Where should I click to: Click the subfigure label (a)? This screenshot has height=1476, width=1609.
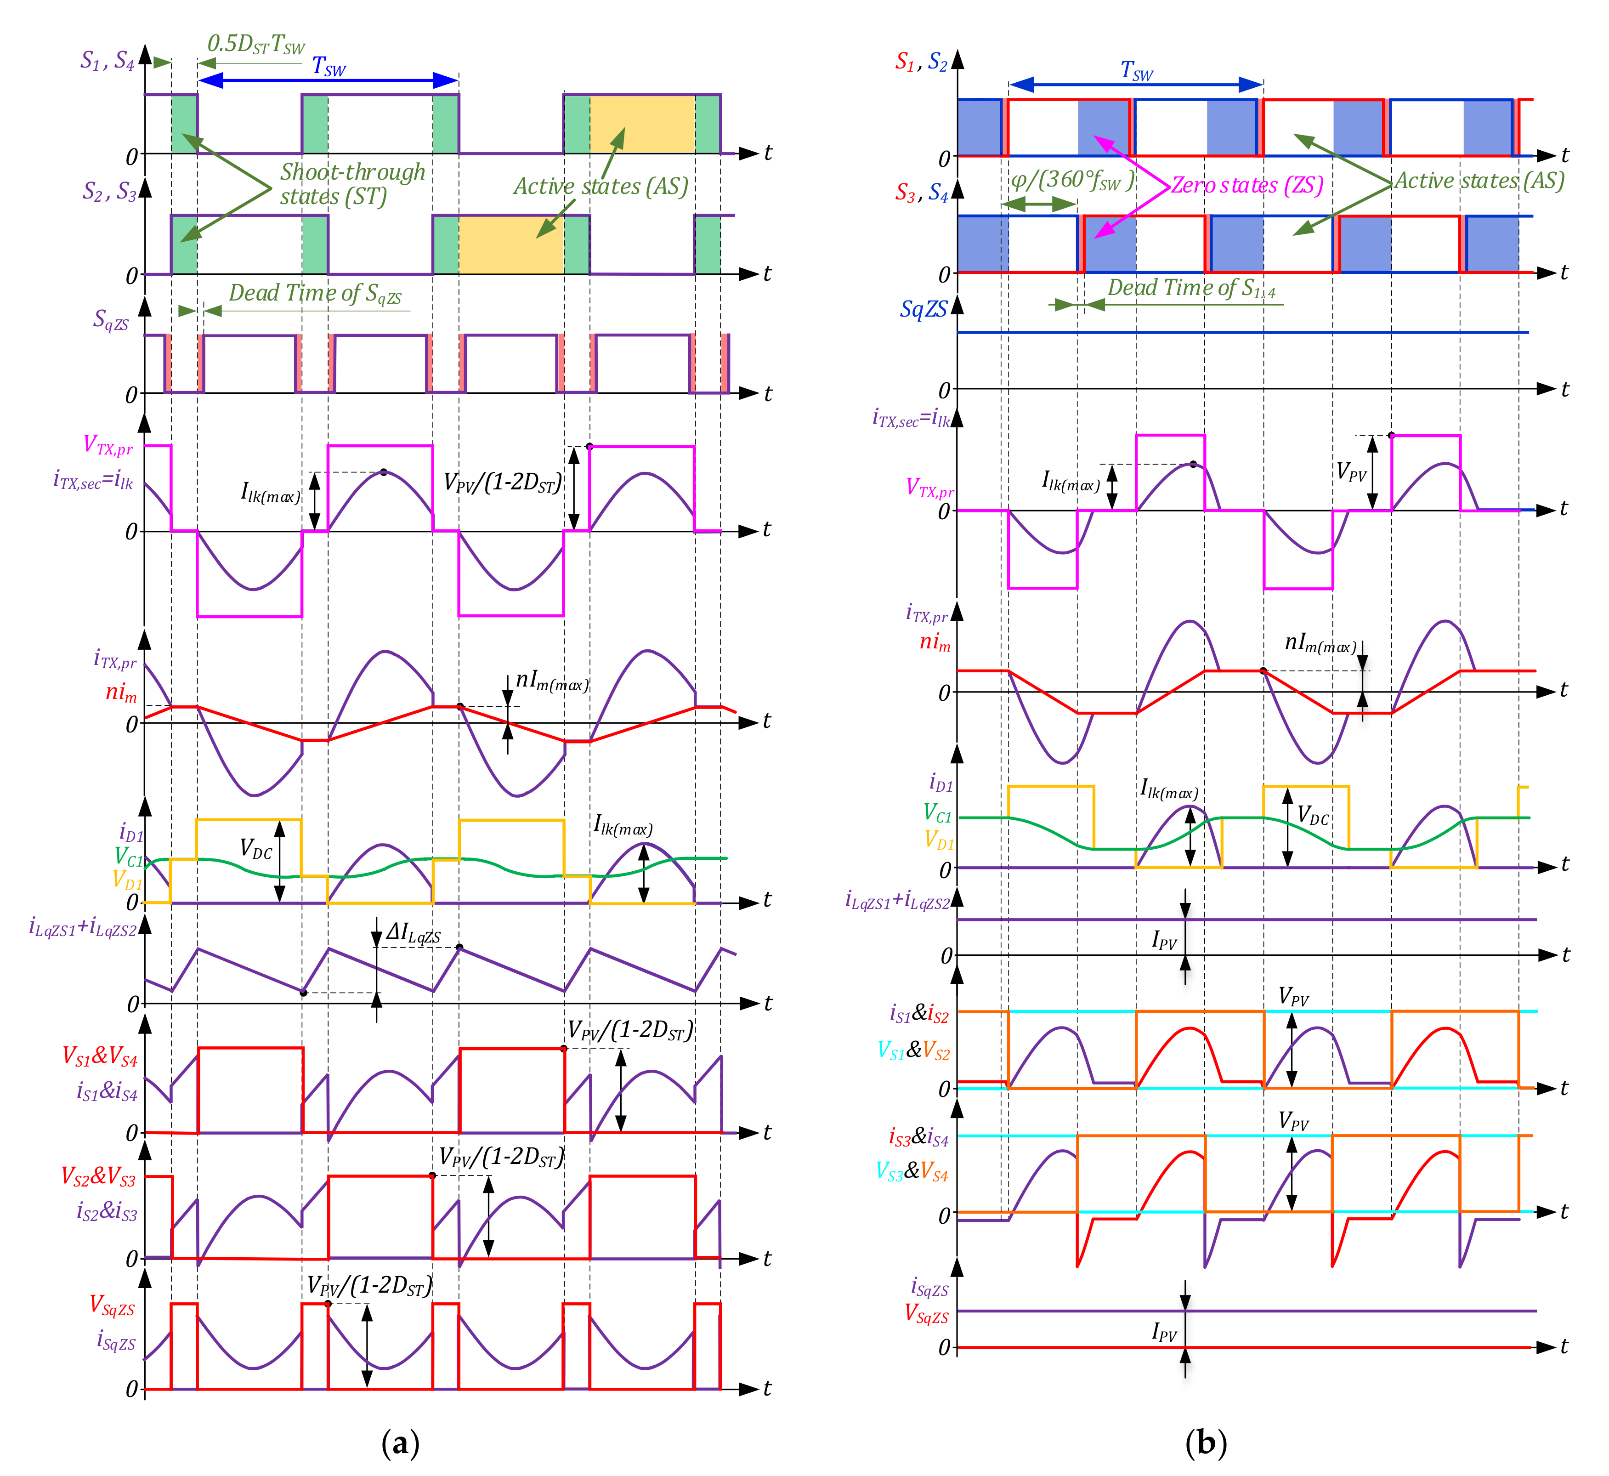[400, 1442]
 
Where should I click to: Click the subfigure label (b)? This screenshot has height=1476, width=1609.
[1206, 1442]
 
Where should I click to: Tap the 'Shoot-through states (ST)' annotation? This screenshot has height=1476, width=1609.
[352, 184]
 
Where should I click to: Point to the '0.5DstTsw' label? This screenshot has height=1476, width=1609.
[255, 45]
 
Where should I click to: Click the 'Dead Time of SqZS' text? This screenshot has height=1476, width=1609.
[315, 294]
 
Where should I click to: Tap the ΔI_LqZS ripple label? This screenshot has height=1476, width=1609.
[414, 933]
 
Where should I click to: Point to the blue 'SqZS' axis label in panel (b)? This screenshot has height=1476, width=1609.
[924, 309]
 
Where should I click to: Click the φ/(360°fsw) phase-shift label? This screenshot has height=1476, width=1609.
[1072, 181]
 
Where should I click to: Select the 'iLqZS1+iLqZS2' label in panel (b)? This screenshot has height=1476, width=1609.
[898, 901]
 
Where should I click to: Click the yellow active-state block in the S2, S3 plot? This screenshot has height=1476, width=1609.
[511, 244]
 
